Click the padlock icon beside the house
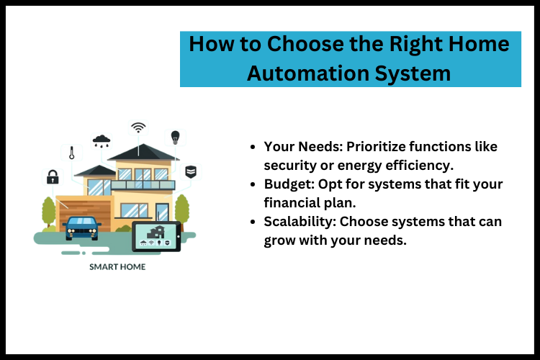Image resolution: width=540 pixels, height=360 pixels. (53, 176)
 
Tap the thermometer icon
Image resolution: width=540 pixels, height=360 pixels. (72, 153)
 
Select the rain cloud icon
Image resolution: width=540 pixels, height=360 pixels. (102, 140)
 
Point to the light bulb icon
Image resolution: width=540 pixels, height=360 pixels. (174, 137)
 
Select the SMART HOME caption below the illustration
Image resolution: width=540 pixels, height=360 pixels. (117, 267)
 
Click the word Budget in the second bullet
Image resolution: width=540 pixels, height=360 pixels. (285, 184)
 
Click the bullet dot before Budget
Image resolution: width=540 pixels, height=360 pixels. (253, 185)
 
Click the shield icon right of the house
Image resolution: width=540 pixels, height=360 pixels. (191, 171)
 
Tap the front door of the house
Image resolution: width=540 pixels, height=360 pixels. (163, 212)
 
